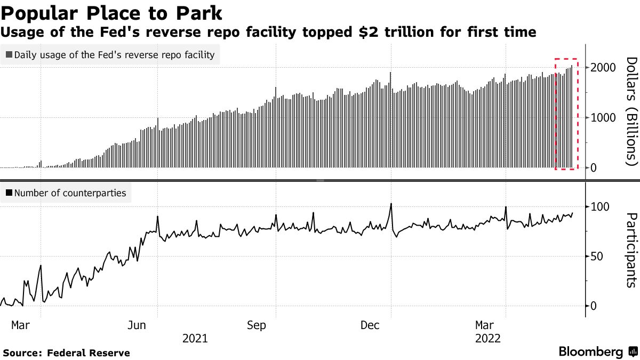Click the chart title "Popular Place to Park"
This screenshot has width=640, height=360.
112,12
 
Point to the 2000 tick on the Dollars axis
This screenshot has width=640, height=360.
603,68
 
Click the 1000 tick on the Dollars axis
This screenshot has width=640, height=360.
603,118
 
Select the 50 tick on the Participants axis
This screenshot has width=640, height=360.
596,257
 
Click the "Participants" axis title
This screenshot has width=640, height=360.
631,251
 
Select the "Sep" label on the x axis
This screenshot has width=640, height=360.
256,325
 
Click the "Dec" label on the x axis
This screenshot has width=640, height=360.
371,325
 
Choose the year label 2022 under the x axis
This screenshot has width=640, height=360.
488,338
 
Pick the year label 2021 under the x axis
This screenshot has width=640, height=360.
195,338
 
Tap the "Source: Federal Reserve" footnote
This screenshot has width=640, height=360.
66,353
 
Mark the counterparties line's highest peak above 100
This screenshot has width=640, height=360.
391,204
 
